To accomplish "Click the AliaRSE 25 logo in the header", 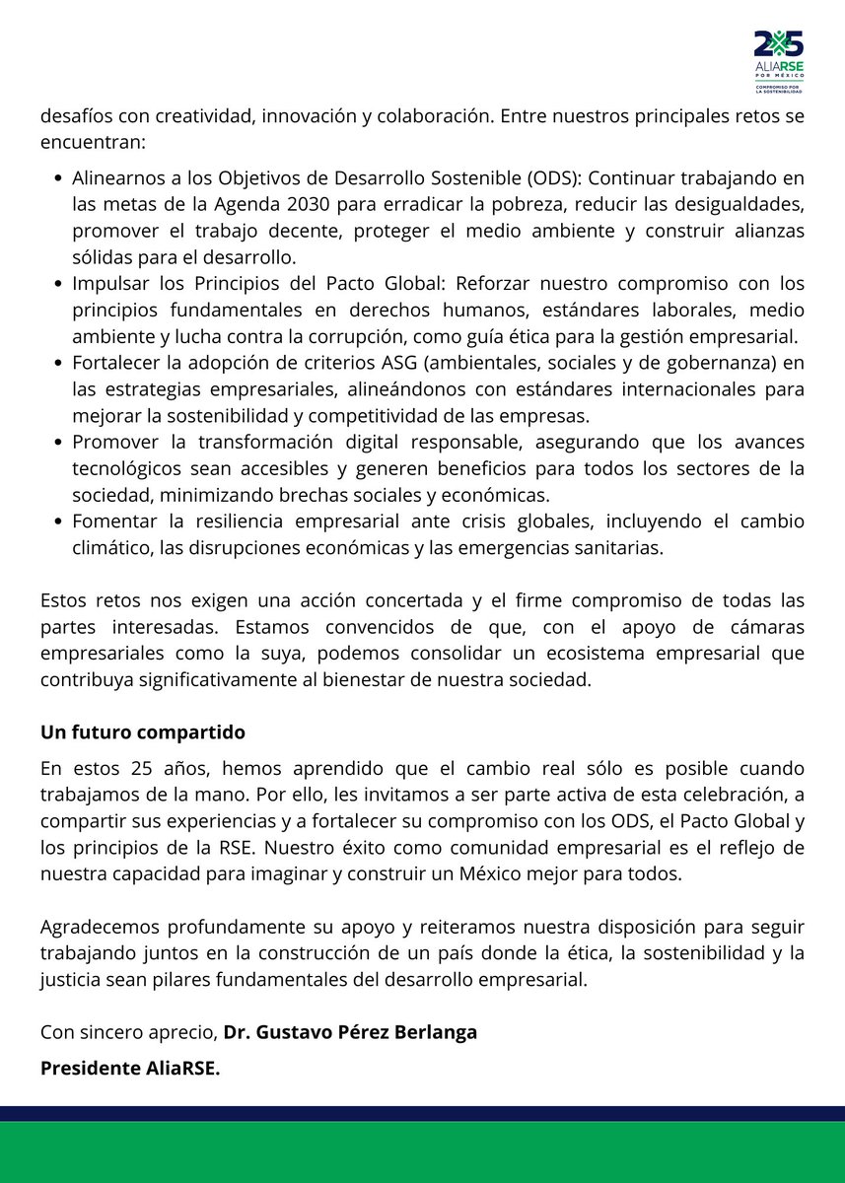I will pyautogui.click(x=778, y=60).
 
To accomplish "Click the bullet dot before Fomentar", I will pyautogui.click(x=59, y=522).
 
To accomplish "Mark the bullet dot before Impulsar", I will pyautogui.click(x=59, y=285).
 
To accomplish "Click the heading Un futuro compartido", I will pyautogui.click(x=143, y=732).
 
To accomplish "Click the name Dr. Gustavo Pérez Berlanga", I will pyautogui.click(x=350, y=1032).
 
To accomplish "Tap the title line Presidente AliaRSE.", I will pyautogui.click(x=130, y=1068).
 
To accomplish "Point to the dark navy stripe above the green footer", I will pyautogui.click(x=422, y=1113).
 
